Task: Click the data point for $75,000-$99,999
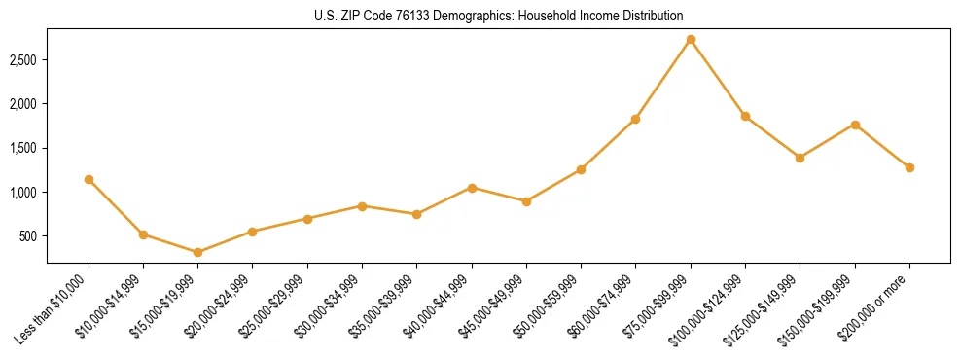(691, 40)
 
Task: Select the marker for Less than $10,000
(89, 179)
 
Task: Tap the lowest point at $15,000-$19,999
(197, 252)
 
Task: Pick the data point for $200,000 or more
(909, 167)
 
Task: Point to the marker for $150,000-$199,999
(855, 125)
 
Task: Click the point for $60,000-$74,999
(635, 119)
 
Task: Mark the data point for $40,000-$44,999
(472, 188)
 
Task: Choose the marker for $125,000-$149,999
(800, 158)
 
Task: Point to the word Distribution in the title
(651, 16)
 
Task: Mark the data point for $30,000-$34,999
(362, 206)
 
